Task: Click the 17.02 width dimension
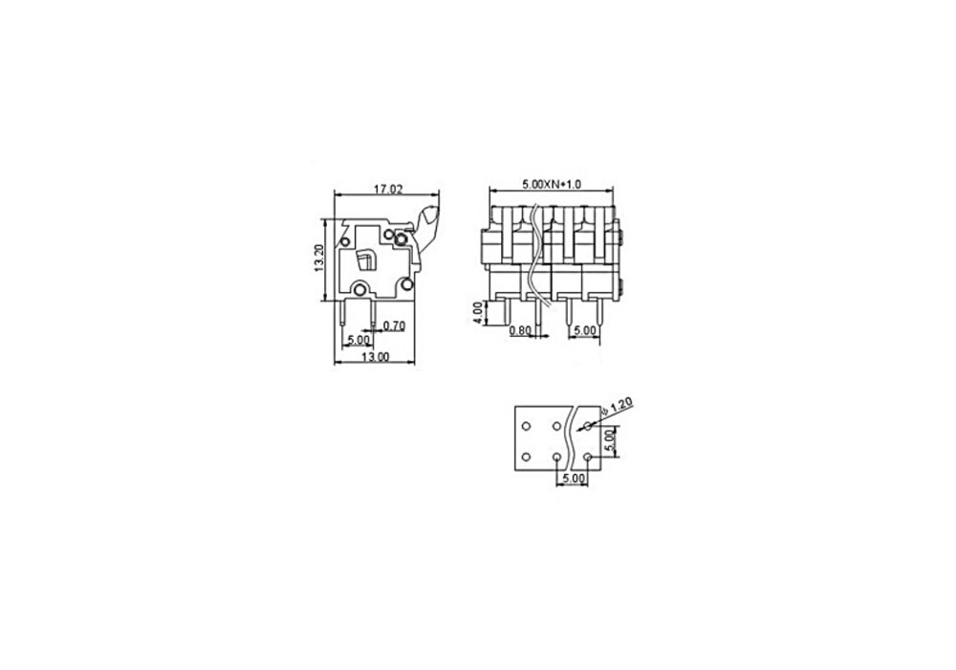coord(388,190)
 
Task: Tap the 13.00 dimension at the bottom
coord(375,357)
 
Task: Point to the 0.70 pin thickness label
coord(394,325)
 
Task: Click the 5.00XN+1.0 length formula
coord(552,184)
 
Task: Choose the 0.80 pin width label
coord(520,331)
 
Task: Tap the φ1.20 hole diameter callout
coord(617,407)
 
